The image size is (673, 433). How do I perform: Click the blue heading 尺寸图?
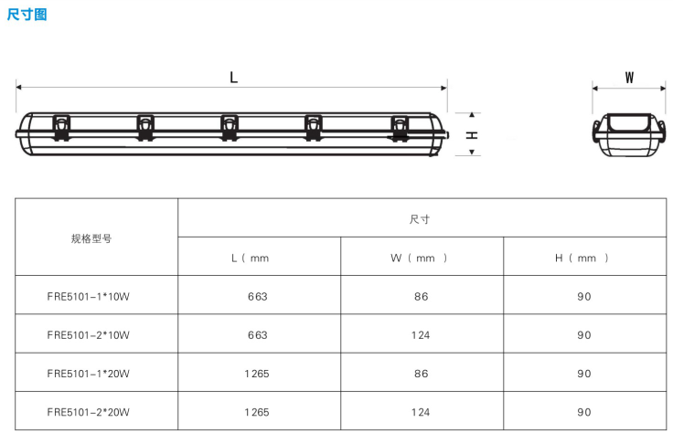[x=27, y=15]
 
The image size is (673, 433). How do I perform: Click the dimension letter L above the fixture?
[x=233, y=78]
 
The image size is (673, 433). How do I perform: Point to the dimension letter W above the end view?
[x=629, y=78]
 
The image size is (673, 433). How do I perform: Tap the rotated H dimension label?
[x=472, y=135]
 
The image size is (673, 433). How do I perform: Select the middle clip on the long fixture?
[x=230, y=127]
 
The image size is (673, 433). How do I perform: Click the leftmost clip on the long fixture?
[x=61, y=127]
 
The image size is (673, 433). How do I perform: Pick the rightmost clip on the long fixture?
[x=400, y=128]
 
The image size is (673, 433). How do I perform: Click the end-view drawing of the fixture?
[x=629, y=134]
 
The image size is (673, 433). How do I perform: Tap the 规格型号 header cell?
[x=91, y=238]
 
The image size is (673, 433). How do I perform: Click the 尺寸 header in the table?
[x=420, y=219]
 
